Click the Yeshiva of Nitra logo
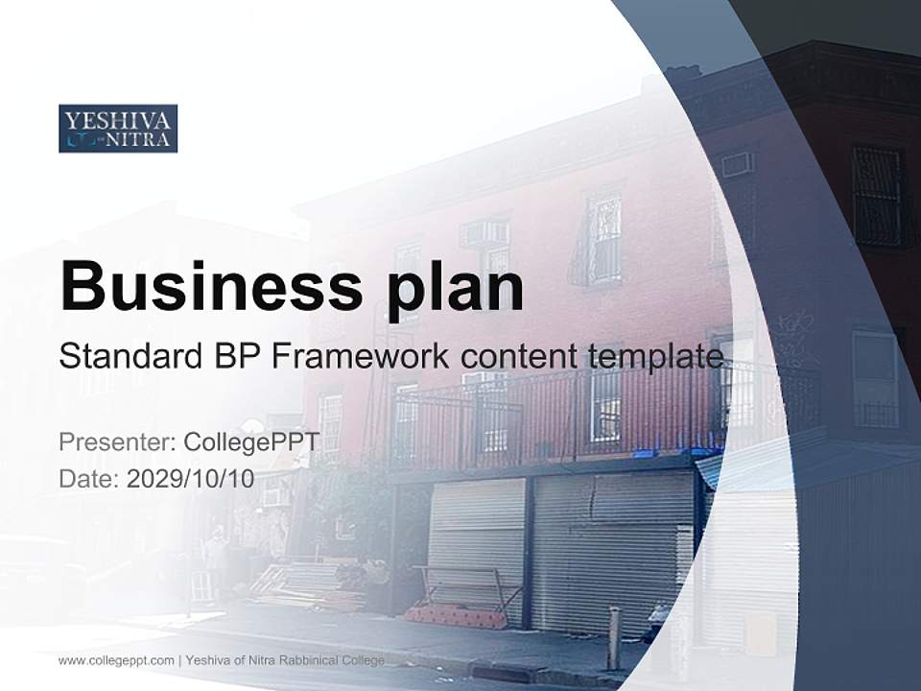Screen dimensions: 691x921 point(118,129)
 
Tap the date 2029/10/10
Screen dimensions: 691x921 point(191,479)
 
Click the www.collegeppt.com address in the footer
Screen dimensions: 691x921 point(116,660)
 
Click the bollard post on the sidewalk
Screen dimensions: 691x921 point(614,637)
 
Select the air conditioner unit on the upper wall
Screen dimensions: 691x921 point(737,164)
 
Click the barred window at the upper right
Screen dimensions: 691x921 point(877,196)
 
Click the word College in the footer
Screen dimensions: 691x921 point(363,660)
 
